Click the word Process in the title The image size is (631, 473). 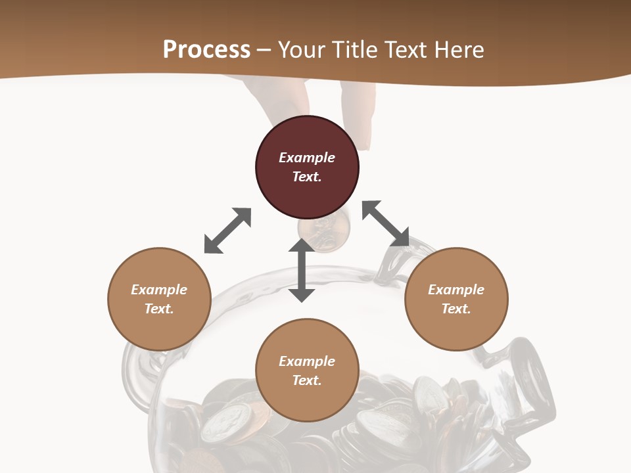[206, 50]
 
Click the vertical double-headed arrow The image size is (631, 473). [302, 270]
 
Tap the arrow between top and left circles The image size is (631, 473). [227, 231]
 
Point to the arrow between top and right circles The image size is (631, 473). [386, 224]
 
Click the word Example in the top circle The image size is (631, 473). [307, 158]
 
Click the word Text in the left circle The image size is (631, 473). [158, 309]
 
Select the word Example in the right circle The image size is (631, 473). [456, 290]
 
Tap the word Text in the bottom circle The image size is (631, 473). [306, 380]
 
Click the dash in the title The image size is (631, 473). [264, 50]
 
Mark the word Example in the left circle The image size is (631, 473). [159, 290]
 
